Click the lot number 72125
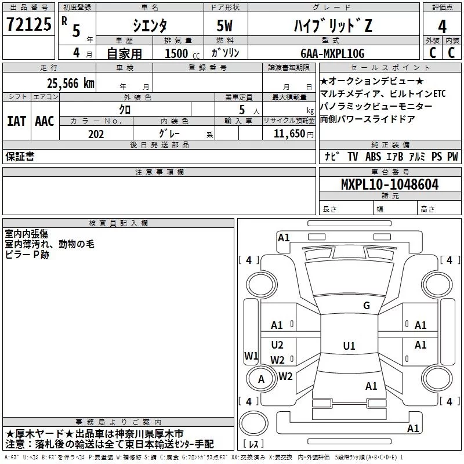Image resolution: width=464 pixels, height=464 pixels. [x=28, y=25]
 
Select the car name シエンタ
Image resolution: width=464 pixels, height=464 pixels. [x=149, y=26]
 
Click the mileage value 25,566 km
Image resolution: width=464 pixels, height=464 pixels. [x=70, y=83]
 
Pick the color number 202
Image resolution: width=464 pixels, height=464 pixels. [x=96, y=132]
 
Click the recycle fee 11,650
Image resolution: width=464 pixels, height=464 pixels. [x=288, y=133]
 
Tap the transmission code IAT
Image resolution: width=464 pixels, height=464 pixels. [x=16, y=121]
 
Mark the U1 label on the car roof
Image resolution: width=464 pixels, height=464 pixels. [x=349, y=346]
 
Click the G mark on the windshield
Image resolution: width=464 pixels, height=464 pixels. [x=366, y=306]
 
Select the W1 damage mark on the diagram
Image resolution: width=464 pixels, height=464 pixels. [x=251, y=356]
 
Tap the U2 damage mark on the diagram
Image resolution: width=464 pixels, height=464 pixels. [x=277, y=345]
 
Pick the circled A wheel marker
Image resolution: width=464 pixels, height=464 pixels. [x=261, y=379]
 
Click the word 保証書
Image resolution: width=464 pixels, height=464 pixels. [x=20, y=157]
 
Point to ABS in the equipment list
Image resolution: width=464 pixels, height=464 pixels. [x=374, y=157]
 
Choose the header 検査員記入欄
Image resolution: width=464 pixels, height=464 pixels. [x=118, y=223]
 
